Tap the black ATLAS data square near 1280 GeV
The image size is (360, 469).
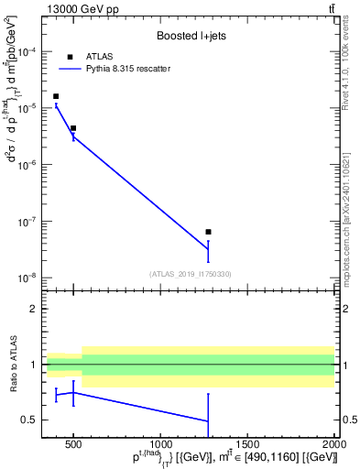(209, 232)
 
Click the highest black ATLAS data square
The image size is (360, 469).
(56, 96)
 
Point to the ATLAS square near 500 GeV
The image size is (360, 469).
(73, 128)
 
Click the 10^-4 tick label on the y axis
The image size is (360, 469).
(27, 51)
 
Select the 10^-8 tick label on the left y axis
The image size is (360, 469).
(27, 278)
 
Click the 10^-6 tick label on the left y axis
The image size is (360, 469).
(27, 165)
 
